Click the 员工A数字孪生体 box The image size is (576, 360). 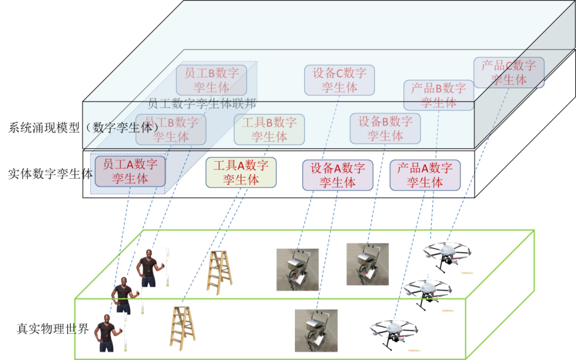pos(130,171)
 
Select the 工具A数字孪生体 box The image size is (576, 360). pos(241,173)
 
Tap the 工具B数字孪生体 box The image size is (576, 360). pos(269,130)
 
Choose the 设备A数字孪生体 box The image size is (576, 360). pos(338,175)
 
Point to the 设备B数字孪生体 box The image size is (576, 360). pos(385,129)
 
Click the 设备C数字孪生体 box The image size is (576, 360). pos(339,80)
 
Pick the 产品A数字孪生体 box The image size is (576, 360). pos(425,175)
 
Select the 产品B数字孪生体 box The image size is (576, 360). pos(438,95)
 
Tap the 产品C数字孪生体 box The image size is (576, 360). pos(509,73)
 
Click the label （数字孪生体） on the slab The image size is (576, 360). pos(122,128)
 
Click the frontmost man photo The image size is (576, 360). pos(110,332)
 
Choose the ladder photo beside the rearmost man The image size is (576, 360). pos(218,271)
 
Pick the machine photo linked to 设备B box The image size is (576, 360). pos(367,264)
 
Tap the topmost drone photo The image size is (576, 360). pos(447,257)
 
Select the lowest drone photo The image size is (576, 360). pos(394,334)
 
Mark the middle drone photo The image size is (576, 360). pos(428,294)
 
